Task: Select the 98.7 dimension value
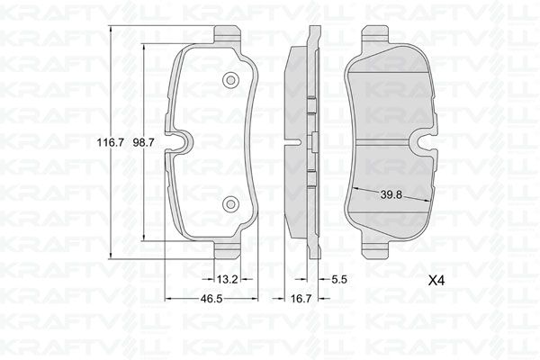point(146,142)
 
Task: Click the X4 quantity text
point(438,280)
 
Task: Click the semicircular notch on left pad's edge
point(181,142)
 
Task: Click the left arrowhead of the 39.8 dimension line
point(353,188)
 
